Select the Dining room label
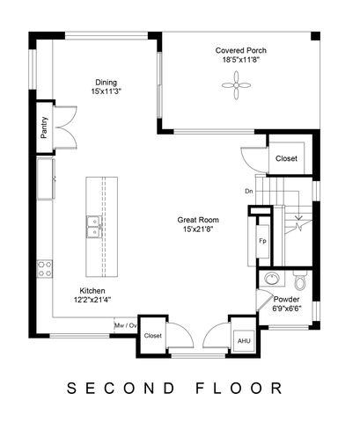107,84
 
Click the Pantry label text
44,128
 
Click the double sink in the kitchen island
92,228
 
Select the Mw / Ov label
126,324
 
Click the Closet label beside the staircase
286,158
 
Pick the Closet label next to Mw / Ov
153,335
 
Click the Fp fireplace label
262,240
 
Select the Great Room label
198,220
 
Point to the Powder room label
286,299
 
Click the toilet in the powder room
299,282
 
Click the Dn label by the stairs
249,191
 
